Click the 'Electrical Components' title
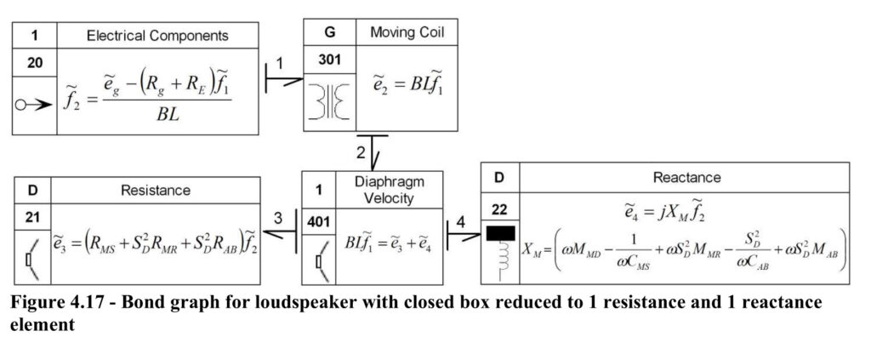click(x=157, y=36)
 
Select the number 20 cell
click(x=34, y=63)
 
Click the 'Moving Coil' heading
click(x=407, y=32)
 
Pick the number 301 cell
click(x=329, y=60)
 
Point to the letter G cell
click(x=329, y=32)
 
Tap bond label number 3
click(x=278, y=219)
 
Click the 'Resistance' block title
click(x=156, y=190)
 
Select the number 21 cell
click(x=32, y=217)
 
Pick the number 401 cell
click(x=320, y=222)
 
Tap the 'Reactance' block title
click(x=686, y=177)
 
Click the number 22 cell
click(x=499, y=209)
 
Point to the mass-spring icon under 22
click(x=500, y=254)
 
